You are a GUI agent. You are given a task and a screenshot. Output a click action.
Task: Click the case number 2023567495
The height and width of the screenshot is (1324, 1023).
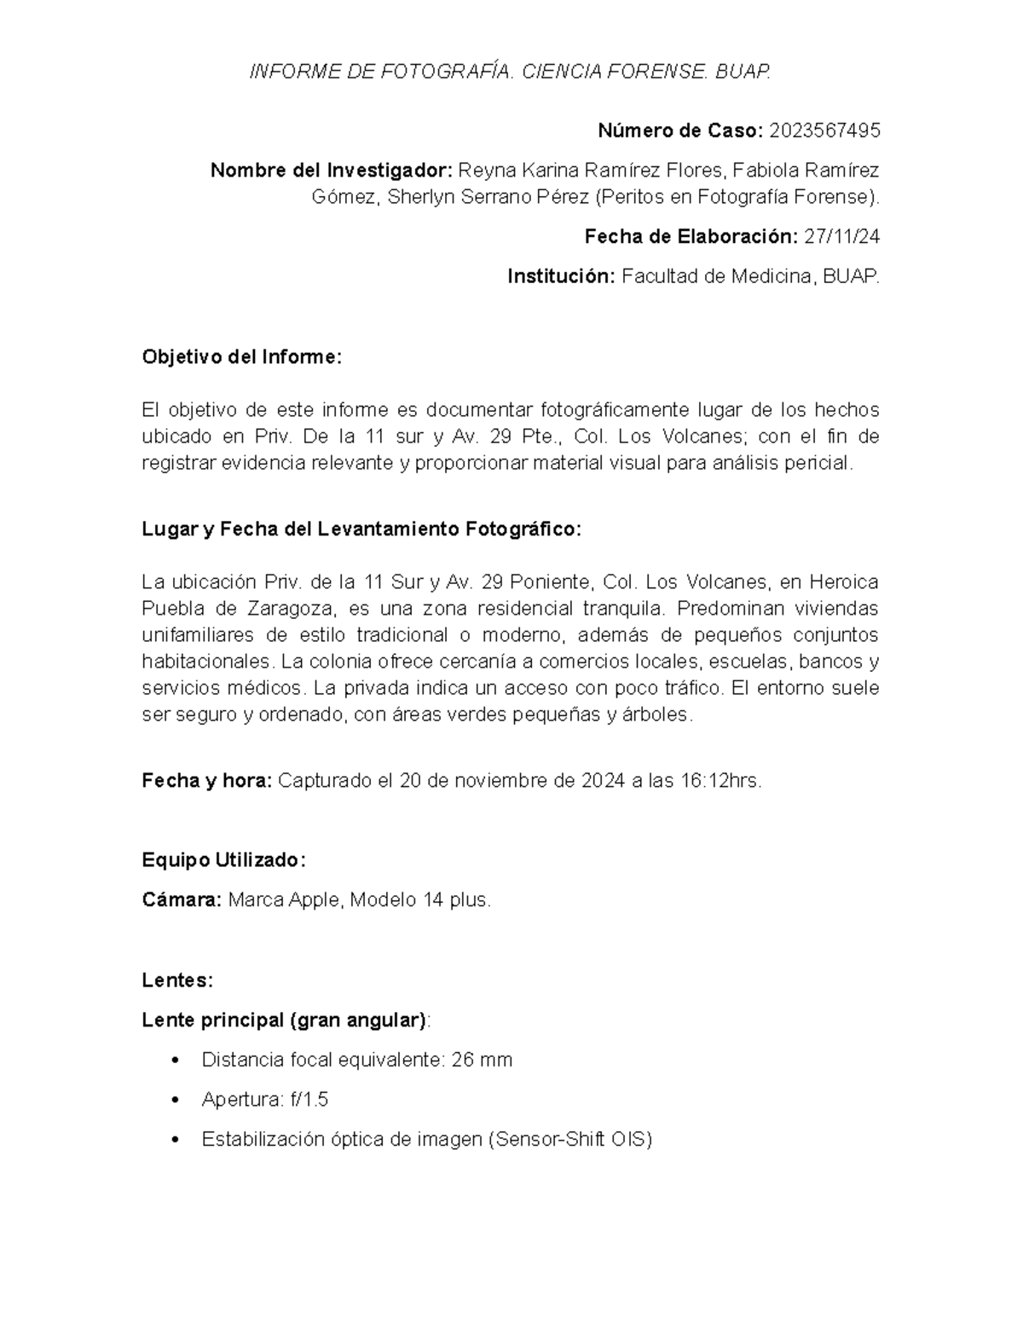pyautogui.click(x=824, y=131)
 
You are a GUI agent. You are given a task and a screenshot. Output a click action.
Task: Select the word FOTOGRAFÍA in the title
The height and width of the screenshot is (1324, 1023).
pyautogui.click(x=441, y=72)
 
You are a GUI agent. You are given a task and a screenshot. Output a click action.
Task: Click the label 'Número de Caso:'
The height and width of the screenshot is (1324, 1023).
pyautogui.click(x=679, y=131)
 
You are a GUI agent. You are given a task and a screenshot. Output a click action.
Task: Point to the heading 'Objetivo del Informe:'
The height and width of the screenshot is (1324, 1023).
pyautogui.click(x=241, y=357)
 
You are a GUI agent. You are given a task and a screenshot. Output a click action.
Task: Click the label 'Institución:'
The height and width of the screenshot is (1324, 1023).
pyautogui.click(x=560, y=277)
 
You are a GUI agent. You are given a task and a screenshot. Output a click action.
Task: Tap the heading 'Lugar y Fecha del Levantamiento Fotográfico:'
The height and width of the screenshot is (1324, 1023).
pyautogui.click(x=361, y=529)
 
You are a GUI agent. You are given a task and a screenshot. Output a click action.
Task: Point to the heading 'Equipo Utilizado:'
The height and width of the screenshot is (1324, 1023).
pyautogui.click(x=223, y=860)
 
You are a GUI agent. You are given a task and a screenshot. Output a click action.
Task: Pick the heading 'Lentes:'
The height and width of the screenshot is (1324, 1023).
pyautogui.click(x=177, y=980)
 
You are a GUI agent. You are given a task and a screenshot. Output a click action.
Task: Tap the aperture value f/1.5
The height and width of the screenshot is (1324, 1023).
pyautogui.click(x=309, y=1101)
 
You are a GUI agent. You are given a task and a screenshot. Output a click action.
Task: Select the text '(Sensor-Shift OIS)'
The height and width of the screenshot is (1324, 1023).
pyautogui.click(x=569, y=1140)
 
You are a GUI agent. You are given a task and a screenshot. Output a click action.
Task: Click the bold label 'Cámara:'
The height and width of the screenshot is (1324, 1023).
pyautogui.click(x=182, y=900)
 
